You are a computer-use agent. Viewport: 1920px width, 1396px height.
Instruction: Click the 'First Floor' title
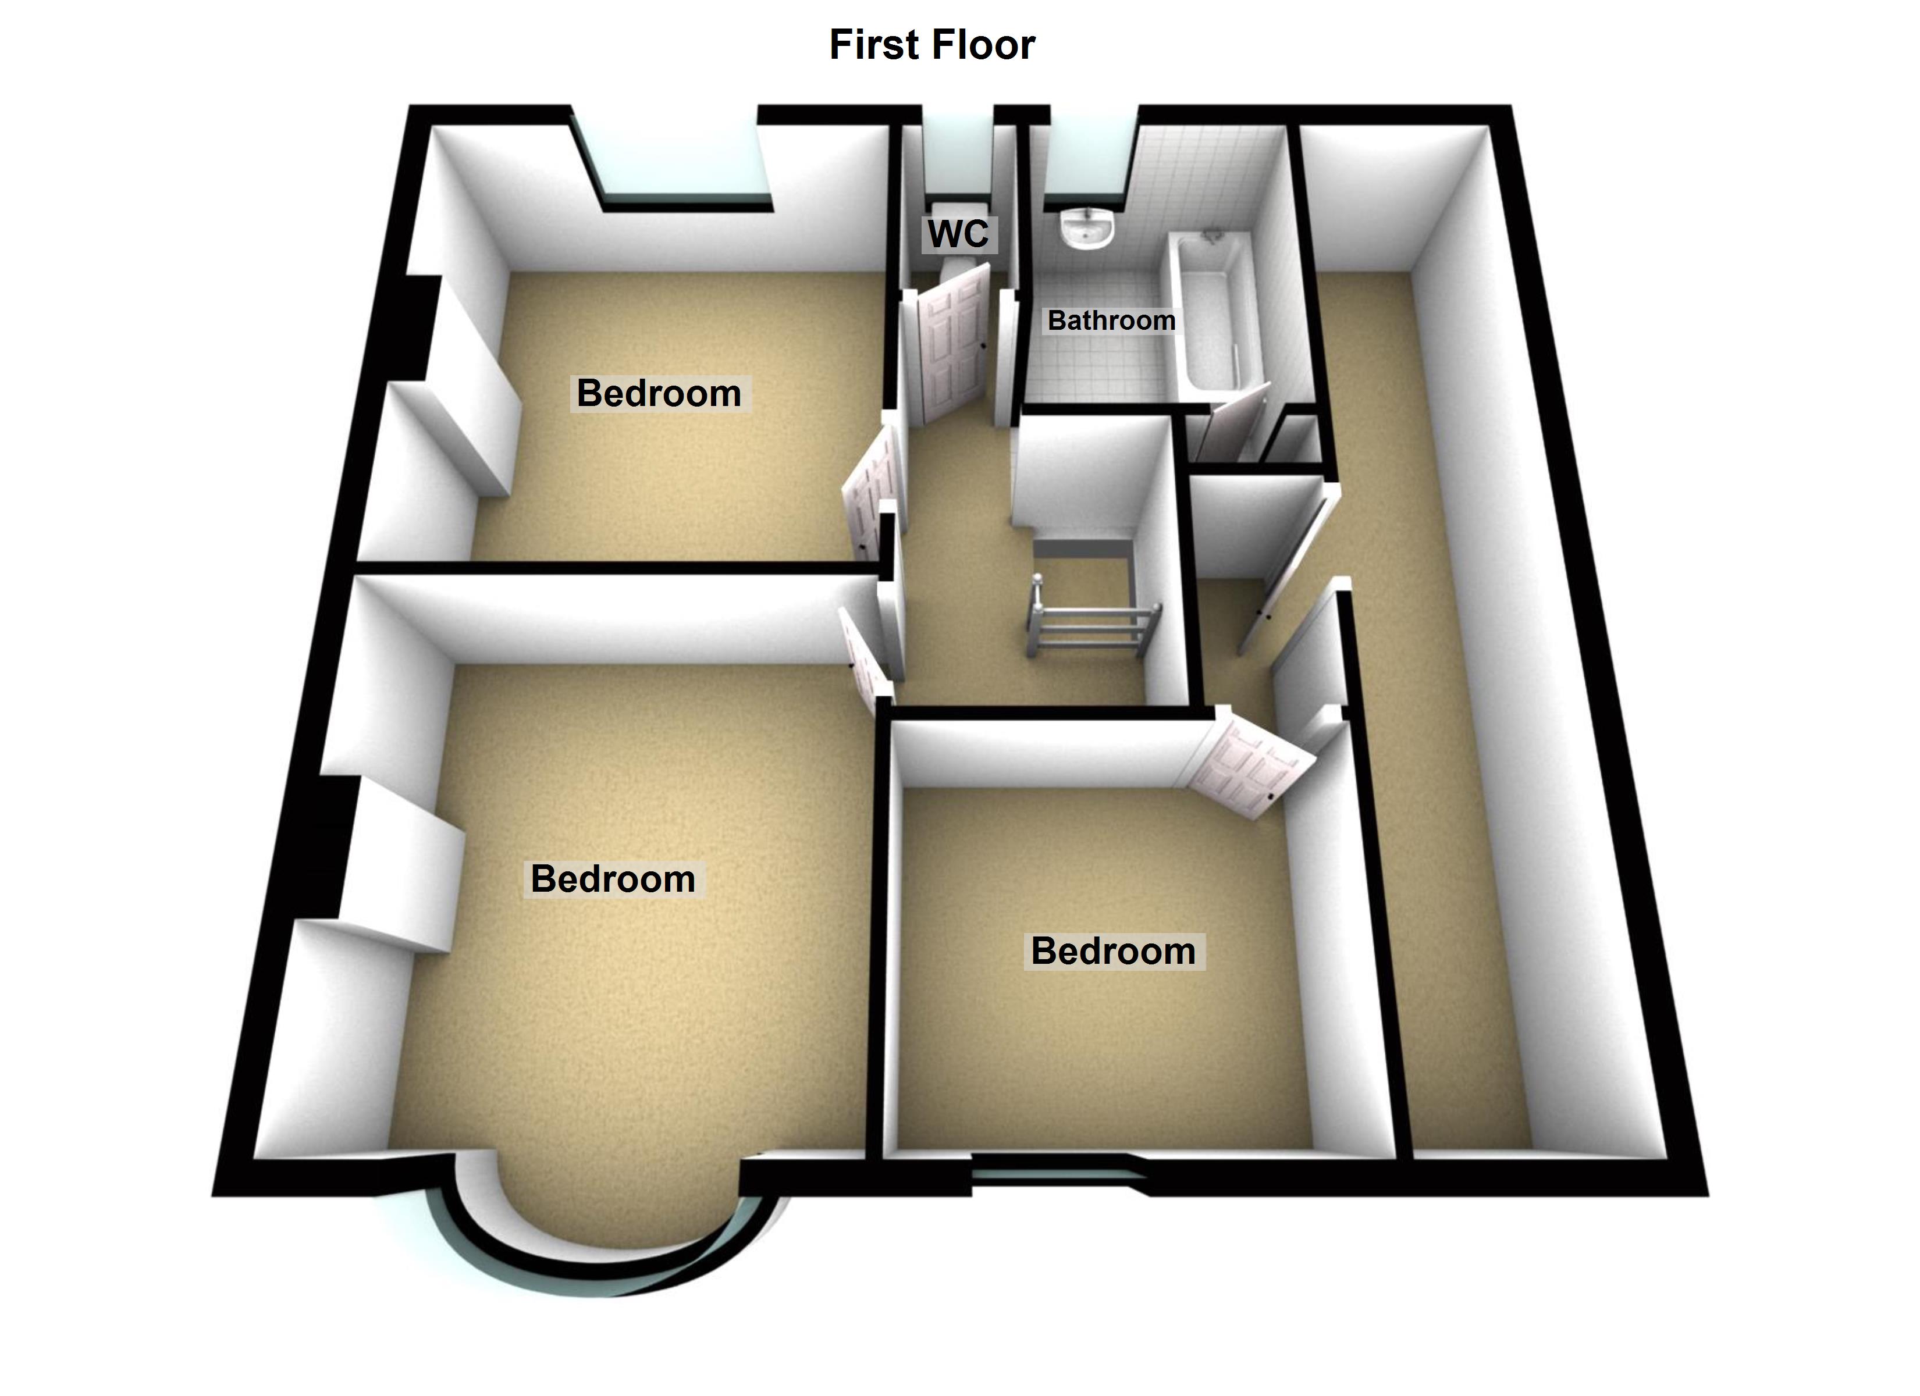coord(931,45)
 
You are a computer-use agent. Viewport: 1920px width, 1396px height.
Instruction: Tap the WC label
coord(958,234)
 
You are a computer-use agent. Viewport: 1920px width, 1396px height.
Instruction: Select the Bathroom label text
coord(1111,320)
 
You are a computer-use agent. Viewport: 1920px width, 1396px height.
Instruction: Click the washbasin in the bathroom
coord(1086,229)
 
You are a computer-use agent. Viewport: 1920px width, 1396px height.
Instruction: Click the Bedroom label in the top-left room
coord(659,393)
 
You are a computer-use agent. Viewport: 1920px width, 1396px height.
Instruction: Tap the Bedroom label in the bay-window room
coord(613,879)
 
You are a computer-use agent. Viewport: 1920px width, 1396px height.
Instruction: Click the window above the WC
coord(957,152)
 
